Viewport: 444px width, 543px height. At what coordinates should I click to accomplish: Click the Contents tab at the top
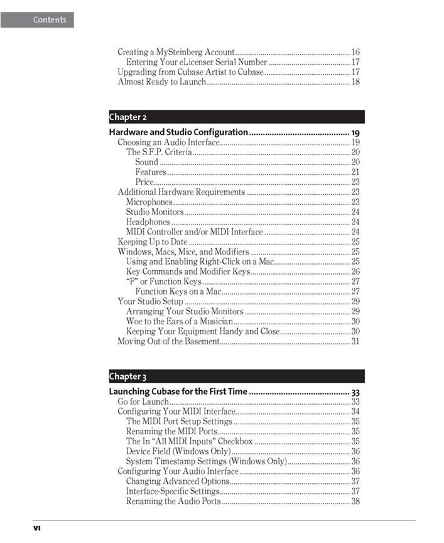pos(37,19)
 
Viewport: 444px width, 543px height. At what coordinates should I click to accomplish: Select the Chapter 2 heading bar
pos(236,117)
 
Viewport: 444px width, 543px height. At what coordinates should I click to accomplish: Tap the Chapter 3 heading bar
pos(236,376)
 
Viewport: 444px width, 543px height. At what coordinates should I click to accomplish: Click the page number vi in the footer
pos(36,528)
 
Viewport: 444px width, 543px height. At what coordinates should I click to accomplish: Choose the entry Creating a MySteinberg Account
pos(176,52)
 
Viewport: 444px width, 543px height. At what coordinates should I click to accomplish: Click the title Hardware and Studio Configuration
pos(178,132)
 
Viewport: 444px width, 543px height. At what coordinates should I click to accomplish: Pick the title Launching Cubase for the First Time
pos(178,392)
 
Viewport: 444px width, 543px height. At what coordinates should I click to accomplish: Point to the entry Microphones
pos(149,202)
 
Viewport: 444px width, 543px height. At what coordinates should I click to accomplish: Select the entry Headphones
pos(148,222)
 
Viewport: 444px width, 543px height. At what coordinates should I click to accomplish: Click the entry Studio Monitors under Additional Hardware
pos(154,212)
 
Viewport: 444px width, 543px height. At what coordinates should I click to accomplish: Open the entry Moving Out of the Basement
pos(169,341)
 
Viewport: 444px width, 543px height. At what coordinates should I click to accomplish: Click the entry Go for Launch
pos(143,402)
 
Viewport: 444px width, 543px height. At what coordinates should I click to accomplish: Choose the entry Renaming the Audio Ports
pos(173,502)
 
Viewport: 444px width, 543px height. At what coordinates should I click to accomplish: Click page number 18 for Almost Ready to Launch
pos(355,82)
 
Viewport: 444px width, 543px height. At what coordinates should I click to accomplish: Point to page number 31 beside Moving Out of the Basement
pos(355,341)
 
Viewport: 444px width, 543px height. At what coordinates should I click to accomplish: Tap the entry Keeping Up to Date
pos(153,241)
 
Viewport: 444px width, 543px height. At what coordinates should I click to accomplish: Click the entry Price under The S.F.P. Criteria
pos(144,182)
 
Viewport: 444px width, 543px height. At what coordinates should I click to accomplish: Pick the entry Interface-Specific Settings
pos(173,491)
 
